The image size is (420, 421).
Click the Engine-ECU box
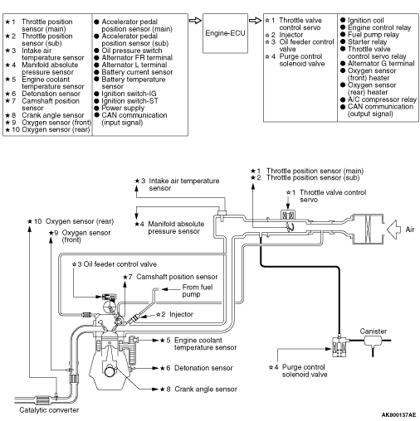pos(225,33)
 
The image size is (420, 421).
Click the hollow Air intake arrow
pos(393,230)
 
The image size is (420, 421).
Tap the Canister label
pos(373,331)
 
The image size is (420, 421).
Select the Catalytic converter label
pos(49,410)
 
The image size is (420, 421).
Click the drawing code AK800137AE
pos(398,414)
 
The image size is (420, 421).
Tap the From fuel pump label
pos(198,291)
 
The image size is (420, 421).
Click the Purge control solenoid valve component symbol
pos(339,346)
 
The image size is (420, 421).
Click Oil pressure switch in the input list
pos(132,51)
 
